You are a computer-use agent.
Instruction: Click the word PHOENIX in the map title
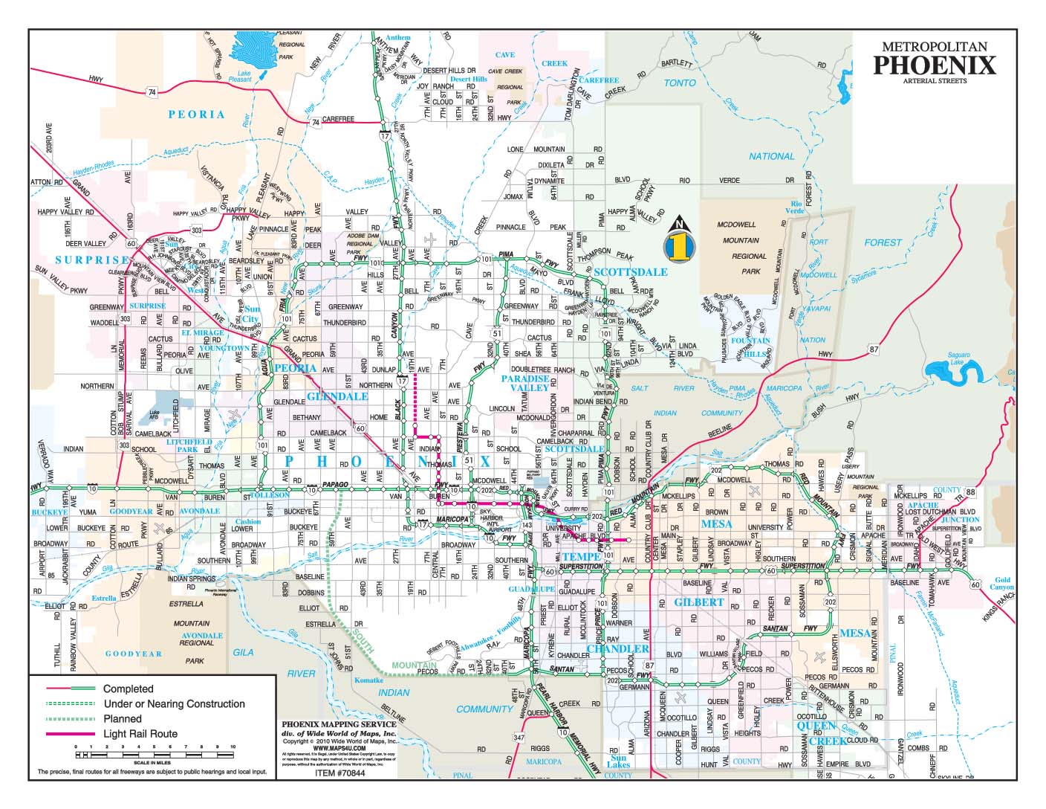pos(934,65)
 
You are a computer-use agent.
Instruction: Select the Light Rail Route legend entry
pos(140,734)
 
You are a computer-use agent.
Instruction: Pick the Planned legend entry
pos(123,719)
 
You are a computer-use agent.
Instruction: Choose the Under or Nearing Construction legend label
pos(174,704)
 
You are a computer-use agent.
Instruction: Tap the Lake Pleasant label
pos(244,74)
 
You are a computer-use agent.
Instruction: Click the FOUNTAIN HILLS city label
pos(750,347)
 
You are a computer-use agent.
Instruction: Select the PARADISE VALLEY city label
pos(524,383)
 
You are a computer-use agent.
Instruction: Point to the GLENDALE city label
pos(337,396)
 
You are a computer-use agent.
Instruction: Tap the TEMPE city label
pos(581,557)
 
